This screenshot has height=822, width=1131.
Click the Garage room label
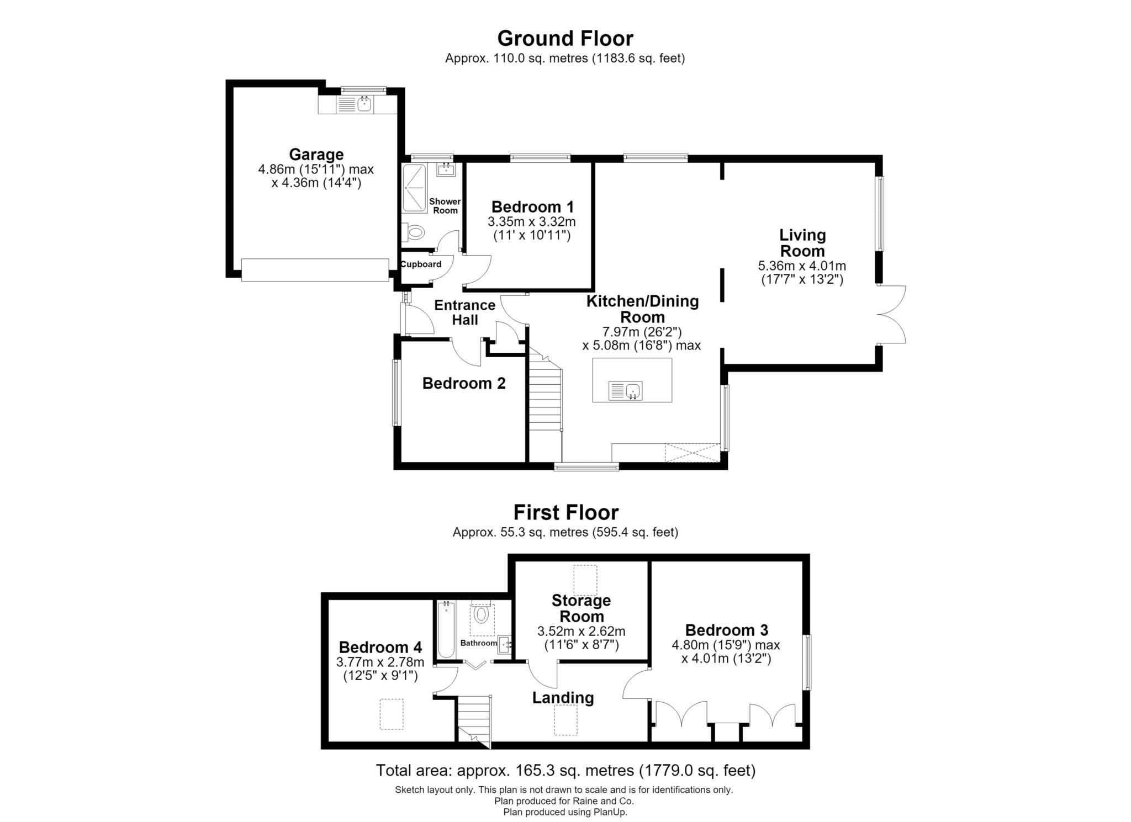(316, 154)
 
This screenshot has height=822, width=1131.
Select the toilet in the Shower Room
(414, 232)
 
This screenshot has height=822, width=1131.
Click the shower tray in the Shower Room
(414, 188)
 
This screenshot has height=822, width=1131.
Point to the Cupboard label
(421, 264)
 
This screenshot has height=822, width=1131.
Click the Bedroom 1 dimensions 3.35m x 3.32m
(532, 222)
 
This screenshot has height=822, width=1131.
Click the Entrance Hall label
(464, 312)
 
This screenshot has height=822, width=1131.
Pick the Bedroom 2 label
(464, 383)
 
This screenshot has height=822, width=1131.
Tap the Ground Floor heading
(565, 38)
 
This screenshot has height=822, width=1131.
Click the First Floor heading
(565, 512)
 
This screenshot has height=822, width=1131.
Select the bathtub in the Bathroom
(446, 629)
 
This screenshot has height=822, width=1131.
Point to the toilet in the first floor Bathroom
(482, 612)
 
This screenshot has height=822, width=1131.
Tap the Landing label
(563, 698)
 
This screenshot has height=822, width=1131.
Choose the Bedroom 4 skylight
(392, 714)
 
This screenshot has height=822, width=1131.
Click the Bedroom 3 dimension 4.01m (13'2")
(726, 659)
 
